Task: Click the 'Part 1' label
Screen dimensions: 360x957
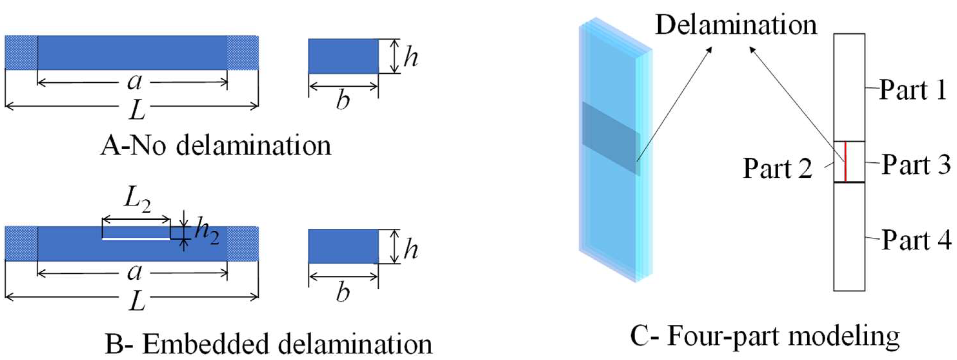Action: click(x=912, y=90)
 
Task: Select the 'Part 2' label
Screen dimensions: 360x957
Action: click(x=777, y=169)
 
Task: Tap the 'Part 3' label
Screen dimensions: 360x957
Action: click(x=916, y=165)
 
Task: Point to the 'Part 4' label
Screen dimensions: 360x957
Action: click(x=916, y=240)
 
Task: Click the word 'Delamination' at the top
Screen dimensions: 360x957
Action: click(x=736, y=25)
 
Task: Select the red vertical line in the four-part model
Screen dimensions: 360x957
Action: click(x=845, y=162)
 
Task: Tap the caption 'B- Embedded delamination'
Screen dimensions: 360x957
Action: click(x=269, y=344)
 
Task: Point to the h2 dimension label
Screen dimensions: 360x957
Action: click(x=206, y=233)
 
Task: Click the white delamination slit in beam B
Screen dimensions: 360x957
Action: click(x=136, y=239)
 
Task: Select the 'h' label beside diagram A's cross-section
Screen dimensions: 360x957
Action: click(x=411, y=57)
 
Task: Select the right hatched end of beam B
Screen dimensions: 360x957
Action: click(x=243, y=243)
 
